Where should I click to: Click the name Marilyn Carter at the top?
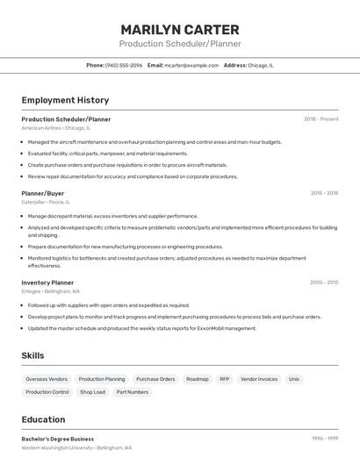coord(180,30)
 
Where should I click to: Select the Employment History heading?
coord(65,100)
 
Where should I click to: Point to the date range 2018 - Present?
coord(320,118)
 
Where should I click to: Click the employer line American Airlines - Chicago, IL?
coord(56,128)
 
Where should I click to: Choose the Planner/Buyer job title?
coord(43,193)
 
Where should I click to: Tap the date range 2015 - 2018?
coord(324,193)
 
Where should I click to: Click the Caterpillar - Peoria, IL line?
coord(46,202)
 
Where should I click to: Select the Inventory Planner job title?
coord(47,283)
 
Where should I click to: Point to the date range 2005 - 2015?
coord(324,283)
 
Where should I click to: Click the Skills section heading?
coord(33,355)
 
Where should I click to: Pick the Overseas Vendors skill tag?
coord(47,379)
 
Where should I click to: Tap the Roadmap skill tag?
coord(198,379)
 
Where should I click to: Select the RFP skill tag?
coord(225,379)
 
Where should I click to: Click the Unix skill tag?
coord(294,379)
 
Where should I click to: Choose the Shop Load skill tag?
coord(92,392)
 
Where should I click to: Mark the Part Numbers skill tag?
coord(133,392)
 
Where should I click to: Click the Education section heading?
coord(43,419)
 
